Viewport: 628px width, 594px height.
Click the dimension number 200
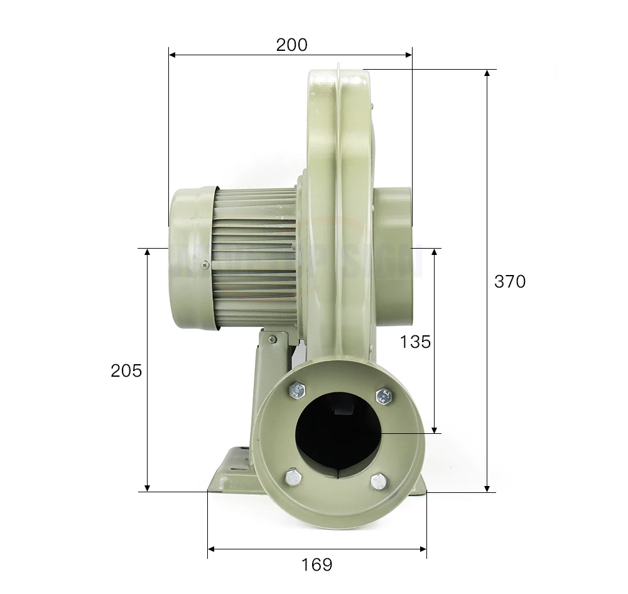(x=291, y=45)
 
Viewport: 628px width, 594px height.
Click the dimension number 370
(x=509, y=282)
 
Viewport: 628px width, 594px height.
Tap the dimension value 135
(x=415, y=342)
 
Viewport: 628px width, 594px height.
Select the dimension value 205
(x=126, y=370)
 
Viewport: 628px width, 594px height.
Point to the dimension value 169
(x=317, y=564)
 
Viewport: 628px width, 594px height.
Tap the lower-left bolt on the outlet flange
(x=292, y=477)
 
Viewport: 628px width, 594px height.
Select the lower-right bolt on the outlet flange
(x=377, y=482)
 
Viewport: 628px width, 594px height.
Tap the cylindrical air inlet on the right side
(x=394, y=251)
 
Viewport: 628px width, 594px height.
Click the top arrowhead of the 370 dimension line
(x=488, y=73)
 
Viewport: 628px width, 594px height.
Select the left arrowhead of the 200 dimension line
(x=173, y=55)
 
